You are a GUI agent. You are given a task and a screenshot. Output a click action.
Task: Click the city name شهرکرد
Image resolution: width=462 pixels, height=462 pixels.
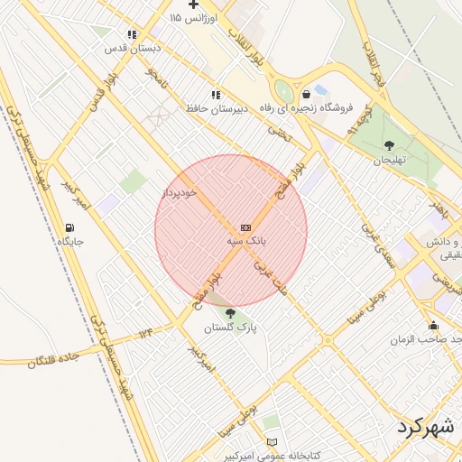tap(428, 427)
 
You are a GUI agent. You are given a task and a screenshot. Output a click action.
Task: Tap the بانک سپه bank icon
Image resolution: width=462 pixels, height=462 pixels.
tap(246, 226)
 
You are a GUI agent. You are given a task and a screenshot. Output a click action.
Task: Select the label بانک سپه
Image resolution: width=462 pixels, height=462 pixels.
tap(246, 242)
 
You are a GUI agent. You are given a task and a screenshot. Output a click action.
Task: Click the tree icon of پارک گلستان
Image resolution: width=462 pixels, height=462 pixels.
tap(231, 312)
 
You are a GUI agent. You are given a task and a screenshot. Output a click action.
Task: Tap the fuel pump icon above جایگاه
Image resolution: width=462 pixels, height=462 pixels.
tap(69, 226)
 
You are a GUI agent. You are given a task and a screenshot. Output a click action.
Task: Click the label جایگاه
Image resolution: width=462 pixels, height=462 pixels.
tap(69, 242)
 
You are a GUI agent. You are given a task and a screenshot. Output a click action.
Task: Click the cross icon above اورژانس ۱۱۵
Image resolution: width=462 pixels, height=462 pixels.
tap(192, 4)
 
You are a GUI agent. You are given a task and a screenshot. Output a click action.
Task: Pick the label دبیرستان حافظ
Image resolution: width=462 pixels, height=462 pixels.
tap(217, 108)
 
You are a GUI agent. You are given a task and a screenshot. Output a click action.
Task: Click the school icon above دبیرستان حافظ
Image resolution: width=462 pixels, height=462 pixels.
tap(216, 94)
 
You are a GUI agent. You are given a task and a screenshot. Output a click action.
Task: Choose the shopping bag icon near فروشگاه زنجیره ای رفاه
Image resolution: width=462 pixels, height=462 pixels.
tap(308, 93)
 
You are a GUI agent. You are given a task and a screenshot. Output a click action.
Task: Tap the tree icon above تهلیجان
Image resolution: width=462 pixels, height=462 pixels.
tap(389, 145)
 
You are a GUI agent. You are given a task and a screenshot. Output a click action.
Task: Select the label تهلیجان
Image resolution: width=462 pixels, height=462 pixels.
tap(392, 161)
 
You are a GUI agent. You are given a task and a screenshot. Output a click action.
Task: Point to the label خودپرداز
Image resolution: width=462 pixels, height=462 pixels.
tap(181, 192)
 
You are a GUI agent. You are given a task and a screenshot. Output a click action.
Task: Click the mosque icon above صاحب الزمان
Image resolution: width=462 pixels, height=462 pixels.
tap(434, 326)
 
